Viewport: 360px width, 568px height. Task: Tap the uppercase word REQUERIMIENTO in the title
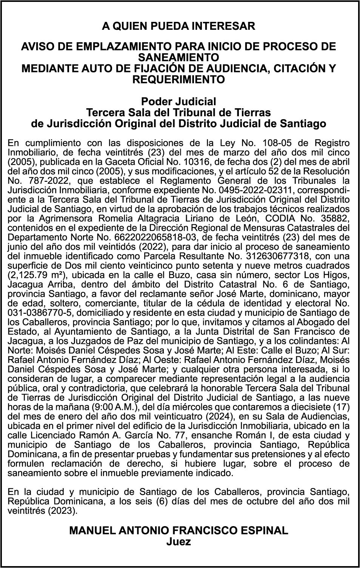point(178,80)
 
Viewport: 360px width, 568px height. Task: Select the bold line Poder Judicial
point(178,101)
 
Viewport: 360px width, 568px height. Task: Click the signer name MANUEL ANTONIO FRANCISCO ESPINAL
point(178,530)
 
